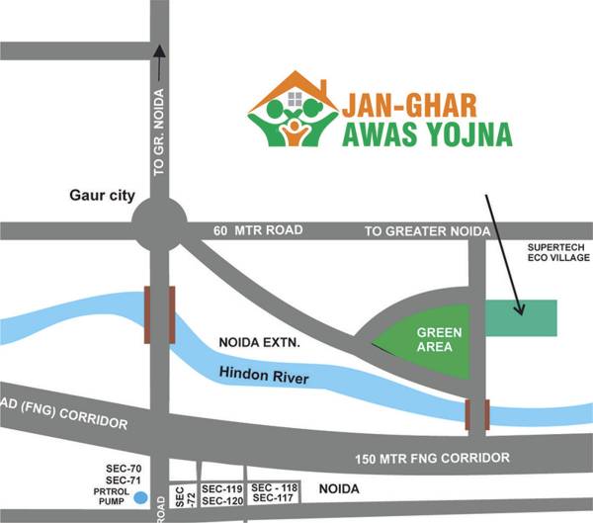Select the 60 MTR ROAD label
coord(258,230)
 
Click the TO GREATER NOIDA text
coord(427,231)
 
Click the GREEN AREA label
coord(434,339)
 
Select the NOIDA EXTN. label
coord(258,343)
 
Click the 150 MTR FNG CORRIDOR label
coord(433,458)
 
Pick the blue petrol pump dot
coord(141,497)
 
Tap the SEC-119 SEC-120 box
coord(221,495)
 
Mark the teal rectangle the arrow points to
coord(522,317)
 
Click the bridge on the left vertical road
coord(159,314)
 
